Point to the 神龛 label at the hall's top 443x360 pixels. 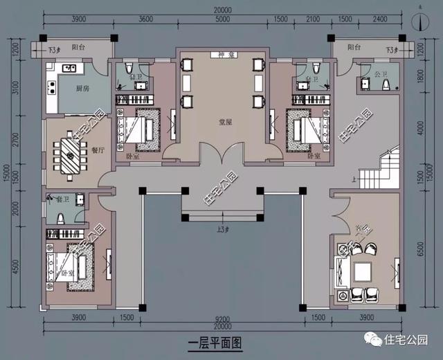[221, 54]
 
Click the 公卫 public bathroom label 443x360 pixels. [379, 71]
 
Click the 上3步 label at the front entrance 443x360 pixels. [221, 229]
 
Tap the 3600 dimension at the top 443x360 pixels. [145, 19]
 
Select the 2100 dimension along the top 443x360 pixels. [314, 19]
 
